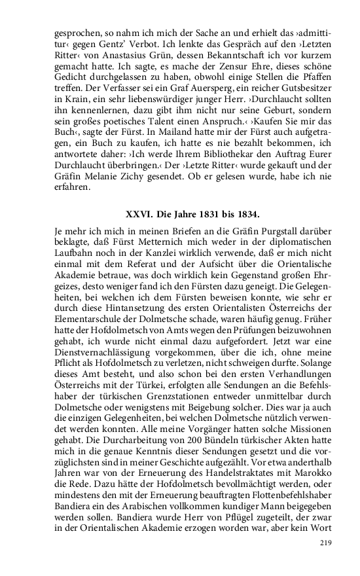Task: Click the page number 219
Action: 327,543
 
